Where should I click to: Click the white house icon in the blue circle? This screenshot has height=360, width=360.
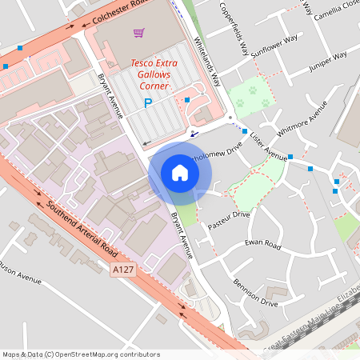[180, 173]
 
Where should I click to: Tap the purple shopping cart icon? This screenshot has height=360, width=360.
[139, 34]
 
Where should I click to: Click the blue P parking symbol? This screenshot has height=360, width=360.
[147, 102]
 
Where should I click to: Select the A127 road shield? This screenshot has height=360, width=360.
[121, 270]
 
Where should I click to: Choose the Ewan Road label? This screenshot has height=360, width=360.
[262, 242]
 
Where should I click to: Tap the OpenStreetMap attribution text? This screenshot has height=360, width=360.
[81, 354]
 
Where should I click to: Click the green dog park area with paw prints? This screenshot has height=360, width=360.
[252, 97]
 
